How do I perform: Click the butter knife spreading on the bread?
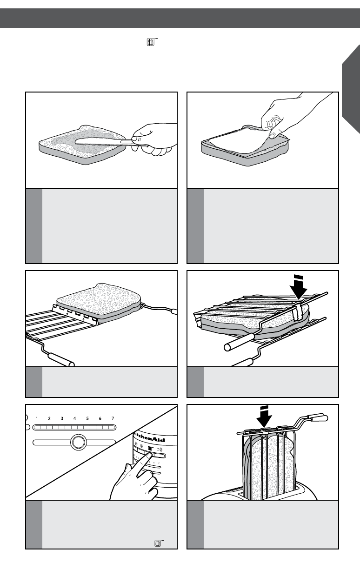point(100,140)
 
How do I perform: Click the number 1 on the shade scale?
point(36,418)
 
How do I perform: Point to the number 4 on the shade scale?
point(74,418)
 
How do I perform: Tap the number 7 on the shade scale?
point(113,418)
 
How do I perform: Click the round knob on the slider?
point(78,441)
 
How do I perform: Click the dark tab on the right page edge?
point(351,88)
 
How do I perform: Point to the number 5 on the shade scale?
point(87,418)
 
